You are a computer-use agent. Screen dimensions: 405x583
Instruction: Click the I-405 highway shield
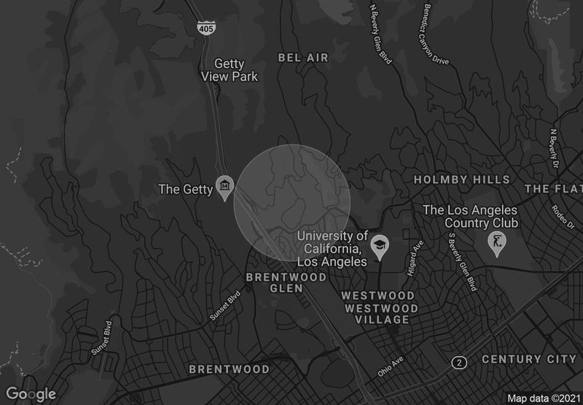(206, 27)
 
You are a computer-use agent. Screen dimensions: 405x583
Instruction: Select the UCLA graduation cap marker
(379, 247)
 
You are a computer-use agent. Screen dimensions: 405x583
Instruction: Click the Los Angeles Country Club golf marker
(497, 244)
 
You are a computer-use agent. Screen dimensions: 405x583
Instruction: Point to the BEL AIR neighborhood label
(304, 58)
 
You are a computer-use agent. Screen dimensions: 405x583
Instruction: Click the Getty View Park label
(230, 70)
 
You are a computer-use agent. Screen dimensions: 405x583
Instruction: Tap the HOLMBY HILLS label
(462, 180)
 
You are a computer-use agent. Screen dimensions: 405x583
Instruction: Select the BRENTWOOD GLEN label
(286, 282)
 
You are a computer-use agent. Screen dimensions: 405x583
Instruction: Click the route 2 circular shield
(459, 362)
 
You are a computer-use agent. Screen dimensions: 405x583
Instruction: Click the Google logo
(31, 394)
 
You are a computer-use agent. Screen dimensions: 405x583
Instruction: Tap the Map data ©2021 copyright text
(543, 398)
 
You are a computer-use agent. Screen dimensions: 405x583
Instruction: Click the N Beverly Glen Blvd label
(381, 34)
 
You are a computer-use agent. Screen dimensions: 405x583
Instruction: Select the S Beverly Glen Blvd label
(461, 261)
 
